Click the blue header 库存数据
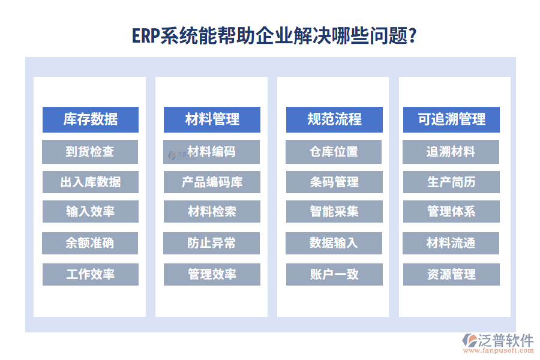pos(91,119)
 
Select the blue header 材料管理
pos(212,119)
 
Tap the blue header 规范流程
pos(334,119)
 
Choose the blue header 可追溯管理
pos(451,119)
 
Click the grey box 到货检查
pos(90,152)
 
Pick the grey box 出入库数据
pos(90,182)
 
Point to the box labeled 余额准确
pos(90,243)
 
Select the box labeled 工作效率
pos(90,274)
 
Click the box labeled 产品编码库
pos(212,182)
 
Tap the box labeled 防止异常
pos(212,243)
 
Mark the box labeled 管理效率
pos(212,274)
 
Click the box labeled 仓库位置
pos(334,152)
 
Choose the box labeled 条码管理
pos(334,182)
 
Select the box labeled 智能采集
pos(334,211)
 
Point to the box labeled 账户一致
pos(334,274)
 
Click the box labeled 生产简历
pos(451,182)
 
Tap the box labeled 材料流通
pos(451,243)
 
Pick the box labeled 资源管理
pos(451,274)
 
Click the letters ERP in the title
pos(146,37)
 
